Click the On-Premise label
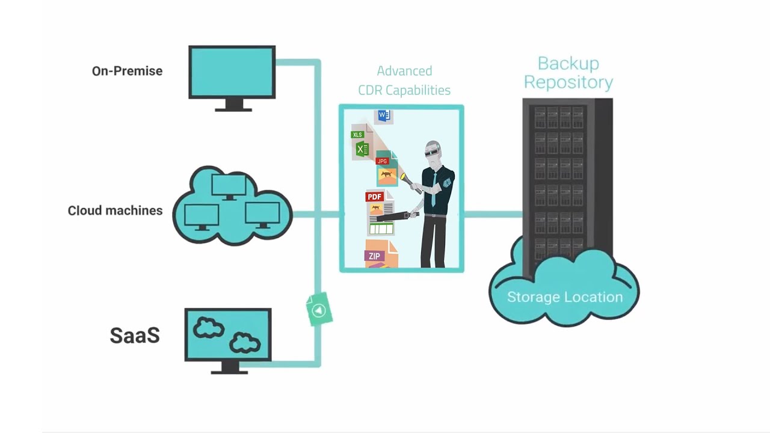coord(127,71)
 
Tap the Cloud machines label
coord(115,210)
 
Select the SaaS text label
coord(135,336)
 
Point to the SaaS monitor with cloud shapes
coord(228,336)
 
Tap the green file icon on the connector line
coord(319,310)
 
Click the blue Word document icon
coord(383,115)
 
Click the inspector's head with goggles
coord(433,153)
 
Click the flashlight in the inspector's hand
coord(405,179)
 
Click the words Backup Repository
coord(568,73)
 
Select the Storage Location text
coord(564,297)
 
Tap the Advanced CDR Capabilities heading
coord(404,81)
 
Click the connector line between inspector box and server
coord(492,213)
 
